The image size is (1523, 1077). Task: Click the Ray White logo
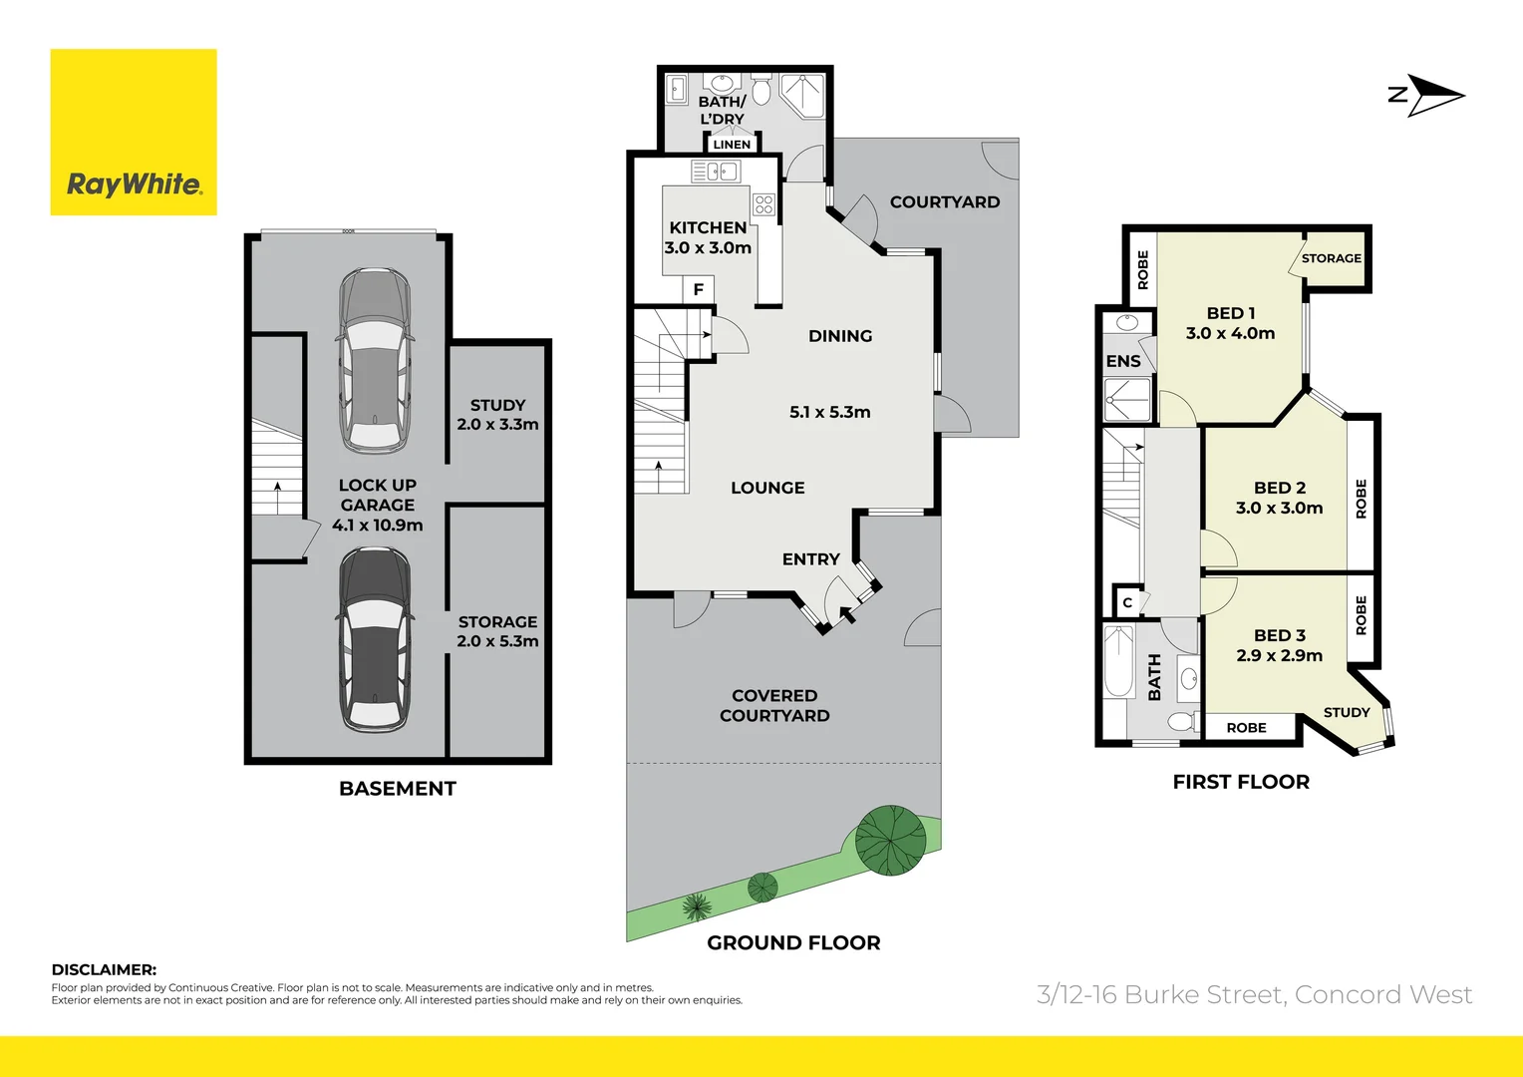[134, 133]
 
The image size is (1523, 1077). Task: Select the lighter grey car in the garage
[375, 361]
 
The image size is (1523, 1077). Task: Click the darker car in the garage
[375, 638]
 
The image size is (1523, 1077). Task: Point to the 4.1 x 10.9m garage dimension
[377, 526]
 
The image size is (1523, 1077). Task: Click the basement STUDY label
[497, 405]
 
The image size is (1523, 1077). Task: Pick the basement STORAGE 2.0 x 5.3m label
[497, 631]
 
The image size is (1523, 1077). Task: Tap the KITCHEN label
[708, 228]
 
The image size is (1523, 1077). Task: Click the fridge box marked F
[698, 289]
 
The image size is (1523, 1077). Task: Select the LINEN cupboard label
[732, 145]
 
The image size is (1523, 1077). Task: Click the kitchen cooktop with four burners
[763, 204]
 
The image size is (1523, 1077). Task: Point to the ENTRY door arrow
[845, 613]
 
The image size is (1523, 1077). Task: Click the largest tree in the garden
[890, 840]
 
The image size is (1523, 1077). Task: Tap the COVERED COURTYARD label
[774, 705]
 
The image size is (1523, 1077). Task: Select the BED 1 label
[1231, 313]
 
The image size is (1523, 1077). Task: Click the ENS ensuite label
[1123, 361]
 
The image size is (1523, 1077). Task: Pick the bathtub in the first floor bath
[1118, 661]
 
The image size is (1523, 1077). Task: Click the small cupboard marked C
[1127, 602]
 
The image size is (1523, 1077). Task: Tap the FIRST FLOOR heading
[1241, 782]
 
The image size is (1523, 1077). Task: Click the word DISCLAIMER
[104, 969]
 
